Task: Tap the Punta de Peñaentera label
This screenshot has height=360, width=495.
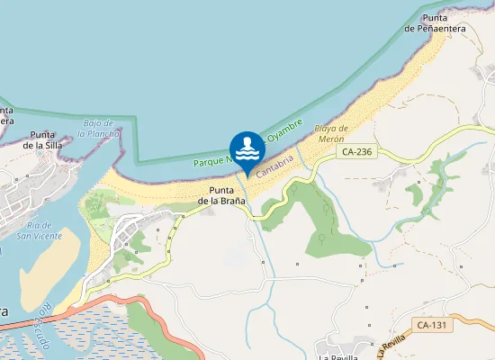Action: click(435, 23)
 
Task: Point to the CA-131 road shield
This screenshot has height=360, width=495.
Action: click(432, 324)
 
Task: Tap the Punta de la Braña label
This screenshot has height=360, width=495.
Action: click(223, 195)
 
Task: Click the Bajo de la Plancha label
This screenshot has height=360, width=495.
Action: click(97, 128)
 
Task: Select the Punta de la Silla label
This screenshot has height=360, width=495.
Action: click(41, 138)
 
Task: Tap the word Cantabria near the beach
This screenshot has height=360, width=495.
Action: click(276, 166)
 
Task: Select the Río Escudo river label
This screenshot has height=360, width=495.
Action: click(39, 319)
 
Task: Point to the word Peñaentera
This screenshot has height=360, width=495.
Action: click(435, 29)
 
